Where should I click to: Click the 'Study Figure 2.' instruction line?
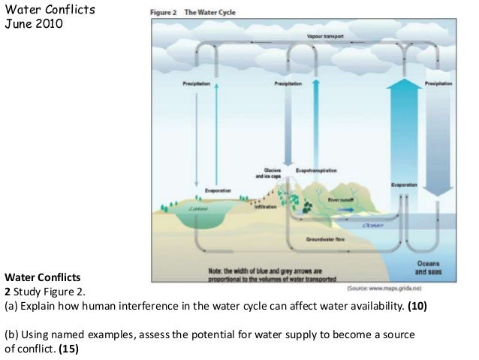coord(50,294)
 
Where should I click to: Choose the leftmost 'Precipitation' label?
coord(197,84)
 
